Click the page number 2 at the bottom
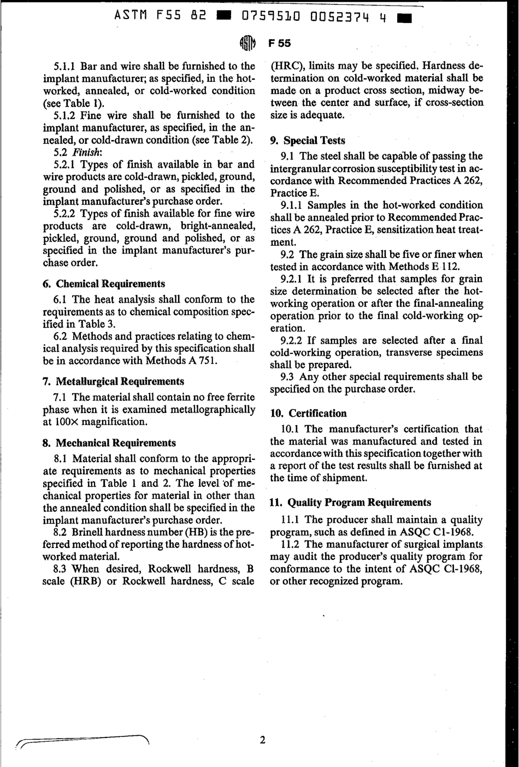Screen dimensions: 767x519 [263, 740]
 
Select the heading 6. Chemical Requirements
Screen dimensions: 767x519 [103, 284]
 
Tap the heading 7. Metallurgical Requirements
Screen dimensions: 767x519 [113, 381]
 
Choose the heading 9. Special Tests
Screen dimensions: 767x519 [308, 141]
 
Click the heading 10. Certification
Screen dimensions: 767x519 [309, 414]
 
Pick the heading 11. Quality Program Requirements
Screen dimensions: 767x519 [351, 502]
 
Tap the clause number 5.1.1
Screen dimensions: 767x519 [65, 67]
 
